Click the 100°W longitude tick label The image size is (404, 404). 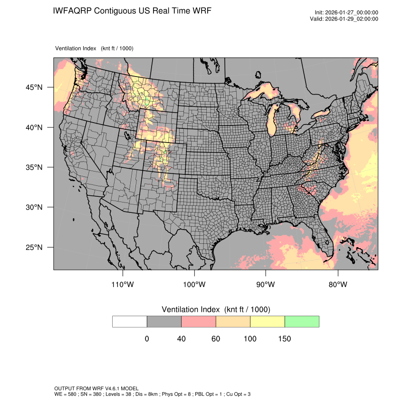click(x=194, y=285)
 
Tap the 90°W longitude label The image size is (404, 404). click(x=266, y=285)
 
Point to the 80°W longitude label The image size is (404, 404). click(x=337, y=285)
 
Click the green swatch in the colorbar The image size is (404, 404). click(x=302, y=321)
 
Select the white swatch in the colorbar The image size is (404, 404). click(x=130, y=321)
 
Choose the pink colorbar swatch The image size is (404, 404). click(x=199, y=321)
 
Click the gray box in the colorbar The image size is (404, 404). click(x=164, y=321)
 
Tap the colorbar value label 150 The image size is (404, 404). click(x=284, y=339)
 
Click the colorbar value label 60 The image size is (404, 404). click(x=216, y=339)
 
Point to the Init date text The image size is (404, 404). click(x=346, y=13)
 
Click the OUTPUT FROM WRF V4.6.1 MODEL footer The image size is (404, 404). click(x=96, y=388)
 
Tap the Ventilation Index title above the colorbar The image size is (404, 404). click(x=216, y=309)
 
